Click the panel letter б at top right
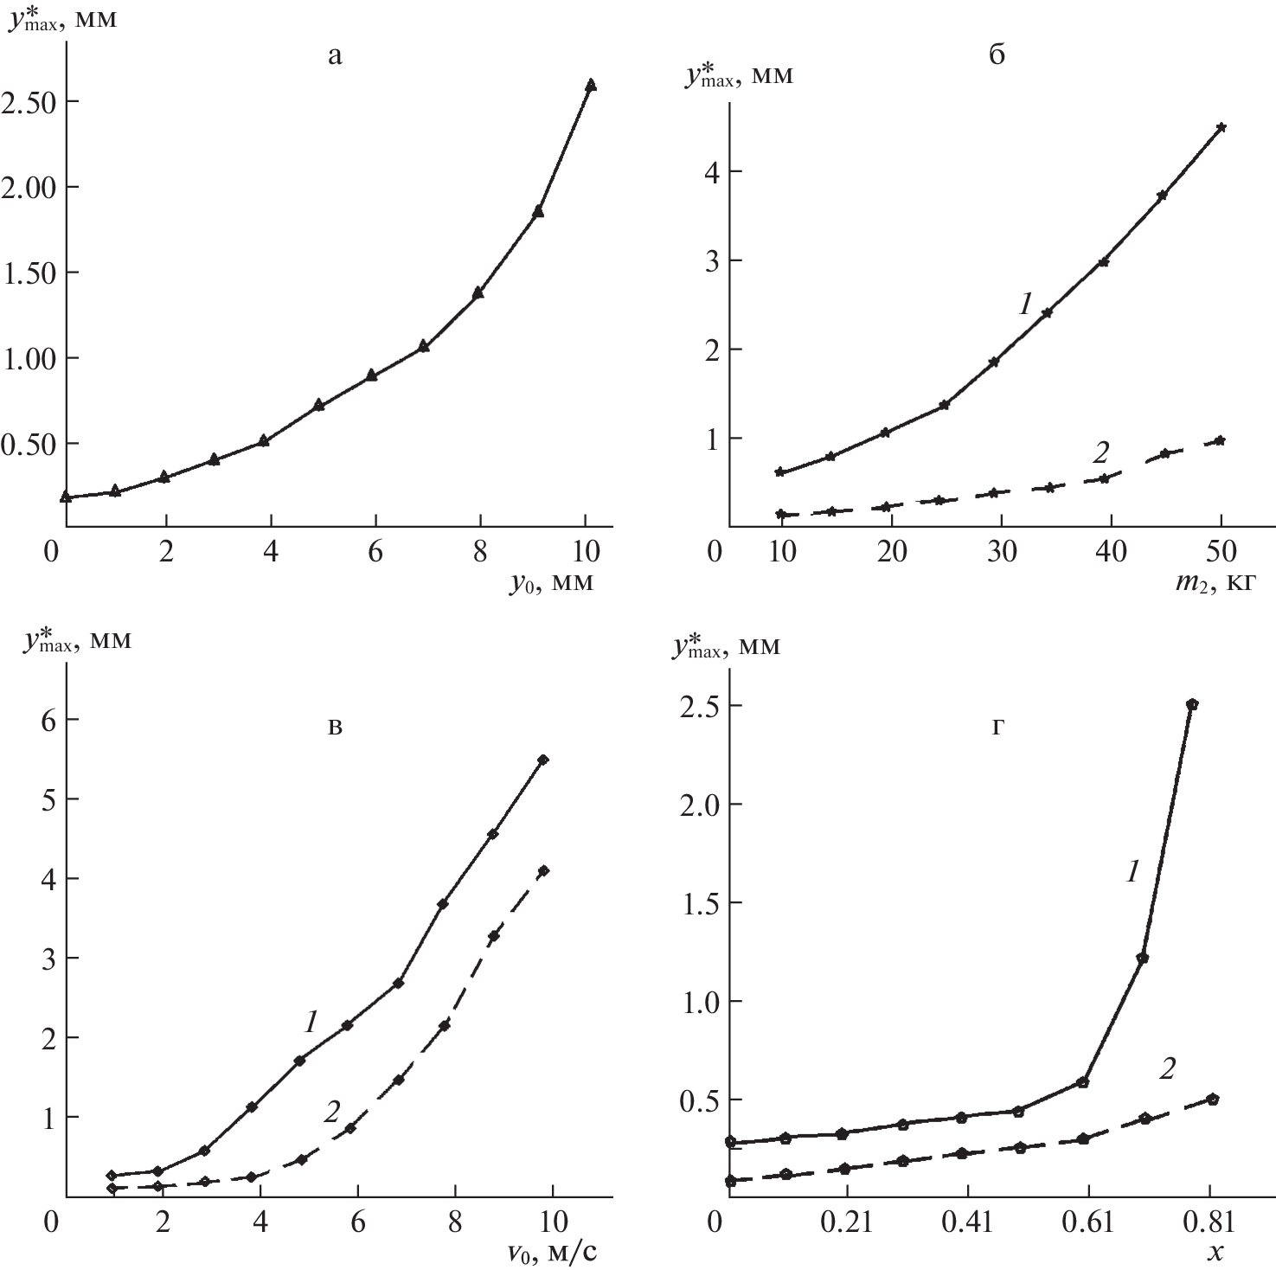coord(997,56)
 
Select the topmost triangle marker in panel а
coord(591,85)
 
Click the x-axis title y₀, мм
coord(551,584)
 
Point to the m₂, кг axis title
coord(1215,584)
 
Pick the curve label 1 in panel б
coord(1026,303)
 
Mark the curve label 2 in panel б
coord(1101,451)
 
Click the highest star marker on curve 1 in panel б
coord(1221,127)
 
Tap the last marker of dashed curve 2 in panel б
coord(1221,440)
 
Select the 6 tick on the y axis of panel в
coord(42,719)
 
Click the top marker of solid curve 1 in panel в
coord(543,760)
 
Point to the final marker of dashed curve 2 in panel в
coord(543,870)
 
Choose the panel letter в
coord(336,727)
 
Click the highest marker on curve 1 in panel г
coord(1192,704)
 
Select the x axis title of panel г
coord(1215,1251)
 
